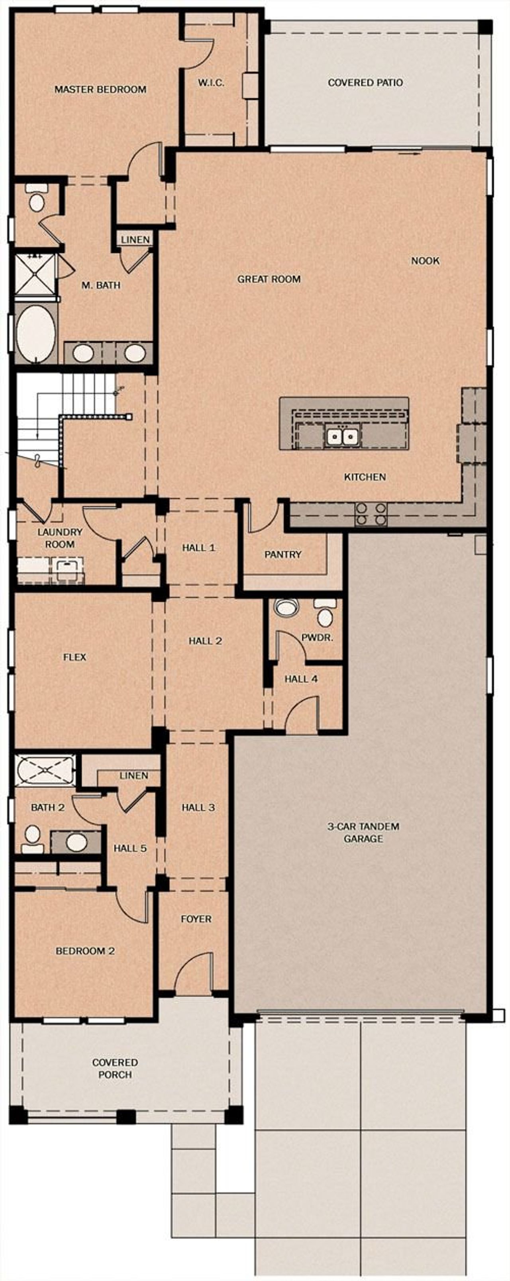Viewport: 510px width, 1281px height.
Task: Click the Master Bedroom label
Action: [x=100, y=90]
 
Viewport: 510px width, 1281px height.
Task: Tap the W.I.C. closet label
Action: [x=211, y=83]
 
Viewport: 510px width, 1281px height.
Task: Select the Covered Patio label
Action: [x=365, y=82]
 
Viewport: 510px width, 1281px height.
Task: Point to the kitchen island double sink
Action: [x=343, y=437]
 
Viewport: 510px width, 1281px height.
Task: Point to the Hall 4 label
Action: [x=301, y=679]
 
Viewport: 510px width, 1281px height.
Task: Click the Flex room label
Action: [x=75, y=657]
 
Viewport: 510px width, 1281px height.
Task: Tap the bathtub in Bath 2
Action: [x=44, y=770]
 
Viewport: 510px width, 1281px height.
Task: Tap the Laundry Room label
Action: [x=60, y=538]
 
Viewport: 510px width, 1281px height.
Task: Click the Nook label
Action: [x=425, y=261]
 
